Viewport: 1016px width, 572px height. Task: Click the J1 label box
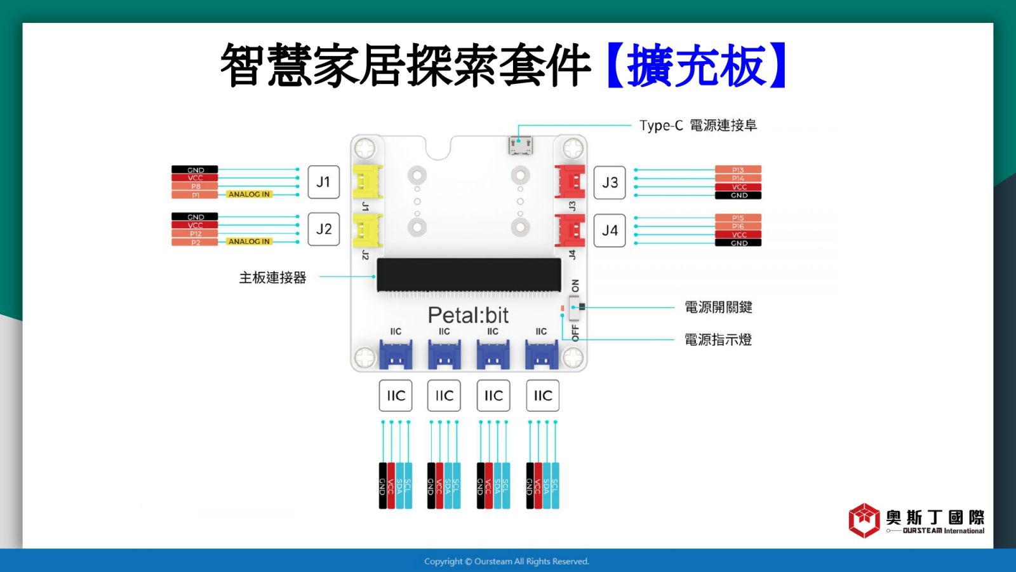click(x=323, y=182)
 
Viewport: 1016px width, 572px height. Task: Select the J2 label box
click(x=323, y=229)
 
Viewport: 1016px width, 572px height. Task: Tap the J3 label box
click(x=610, y=183)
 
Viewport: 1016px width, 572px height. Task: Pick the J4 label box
click(x=610, y=231)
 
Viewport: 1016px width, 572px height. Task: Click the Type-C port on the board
click(x=520, y=146)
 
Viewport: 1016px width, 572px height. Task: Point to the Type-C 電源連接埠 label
click(x=698, y=125)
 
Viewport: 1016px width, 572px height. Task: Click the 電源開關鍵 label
click(x=718, y=308)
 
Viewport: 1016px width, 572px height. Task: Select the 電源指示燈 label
click(x=718, y=340)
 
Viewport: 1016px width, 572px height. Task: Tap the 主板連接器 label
click(x=272, y=278)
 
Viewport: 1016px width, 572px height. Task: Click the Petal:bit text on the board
click(x=468, y=315)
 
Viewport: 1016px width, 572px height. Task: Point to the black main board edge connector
click(x=469, y=275)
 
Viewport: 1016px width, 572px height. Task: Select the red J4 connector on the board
click(x=570, y=230)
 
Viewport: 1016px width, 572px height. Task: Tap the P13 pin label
click(x=738, y=170)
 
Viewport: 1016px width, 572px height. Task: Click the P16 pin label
click(x=738, y=226)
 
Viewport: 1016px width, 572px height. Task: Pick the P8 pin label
click(x=195, y=186)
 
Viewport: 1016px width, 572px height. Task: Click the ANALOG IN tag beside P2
click(x=249, y=242)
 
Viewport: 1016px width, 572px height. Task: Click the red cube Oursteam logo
click(x=864, y=521)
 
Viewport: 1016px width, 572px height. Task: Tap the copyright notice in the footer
click(x=507, y=561)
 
